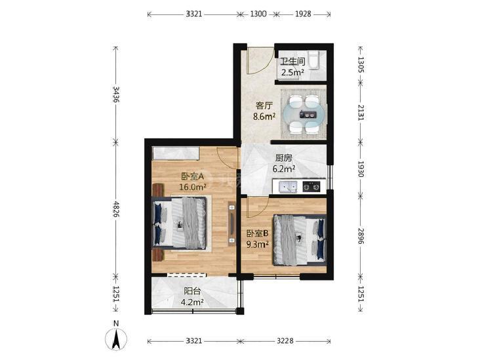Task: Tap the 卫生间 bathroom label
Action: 292,62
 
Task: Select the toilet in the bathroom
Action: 313,60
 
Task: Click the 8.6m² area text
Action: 264,117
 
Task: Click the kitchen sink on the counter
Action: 288,186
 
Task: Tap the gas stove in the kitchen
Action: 311,186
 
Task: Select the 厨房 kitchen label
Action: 283,158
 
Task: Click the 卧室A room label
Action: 192,176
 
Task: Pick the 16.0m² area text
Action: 193,187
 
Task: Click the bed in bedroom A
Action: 180,223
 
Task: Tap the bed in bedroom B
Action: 300,239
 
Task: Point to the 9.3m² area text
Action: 258,244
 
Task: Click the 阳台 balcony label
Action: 192,291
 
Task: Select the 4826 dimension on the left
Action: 116,209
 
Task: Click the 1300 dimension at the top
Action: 258,14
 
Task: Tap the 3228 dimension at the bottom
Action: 285,340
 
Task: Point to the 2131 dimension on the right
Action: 361,112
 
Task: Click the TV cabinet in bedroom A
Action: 232,224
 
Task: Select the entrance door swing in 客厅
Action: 260,61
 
